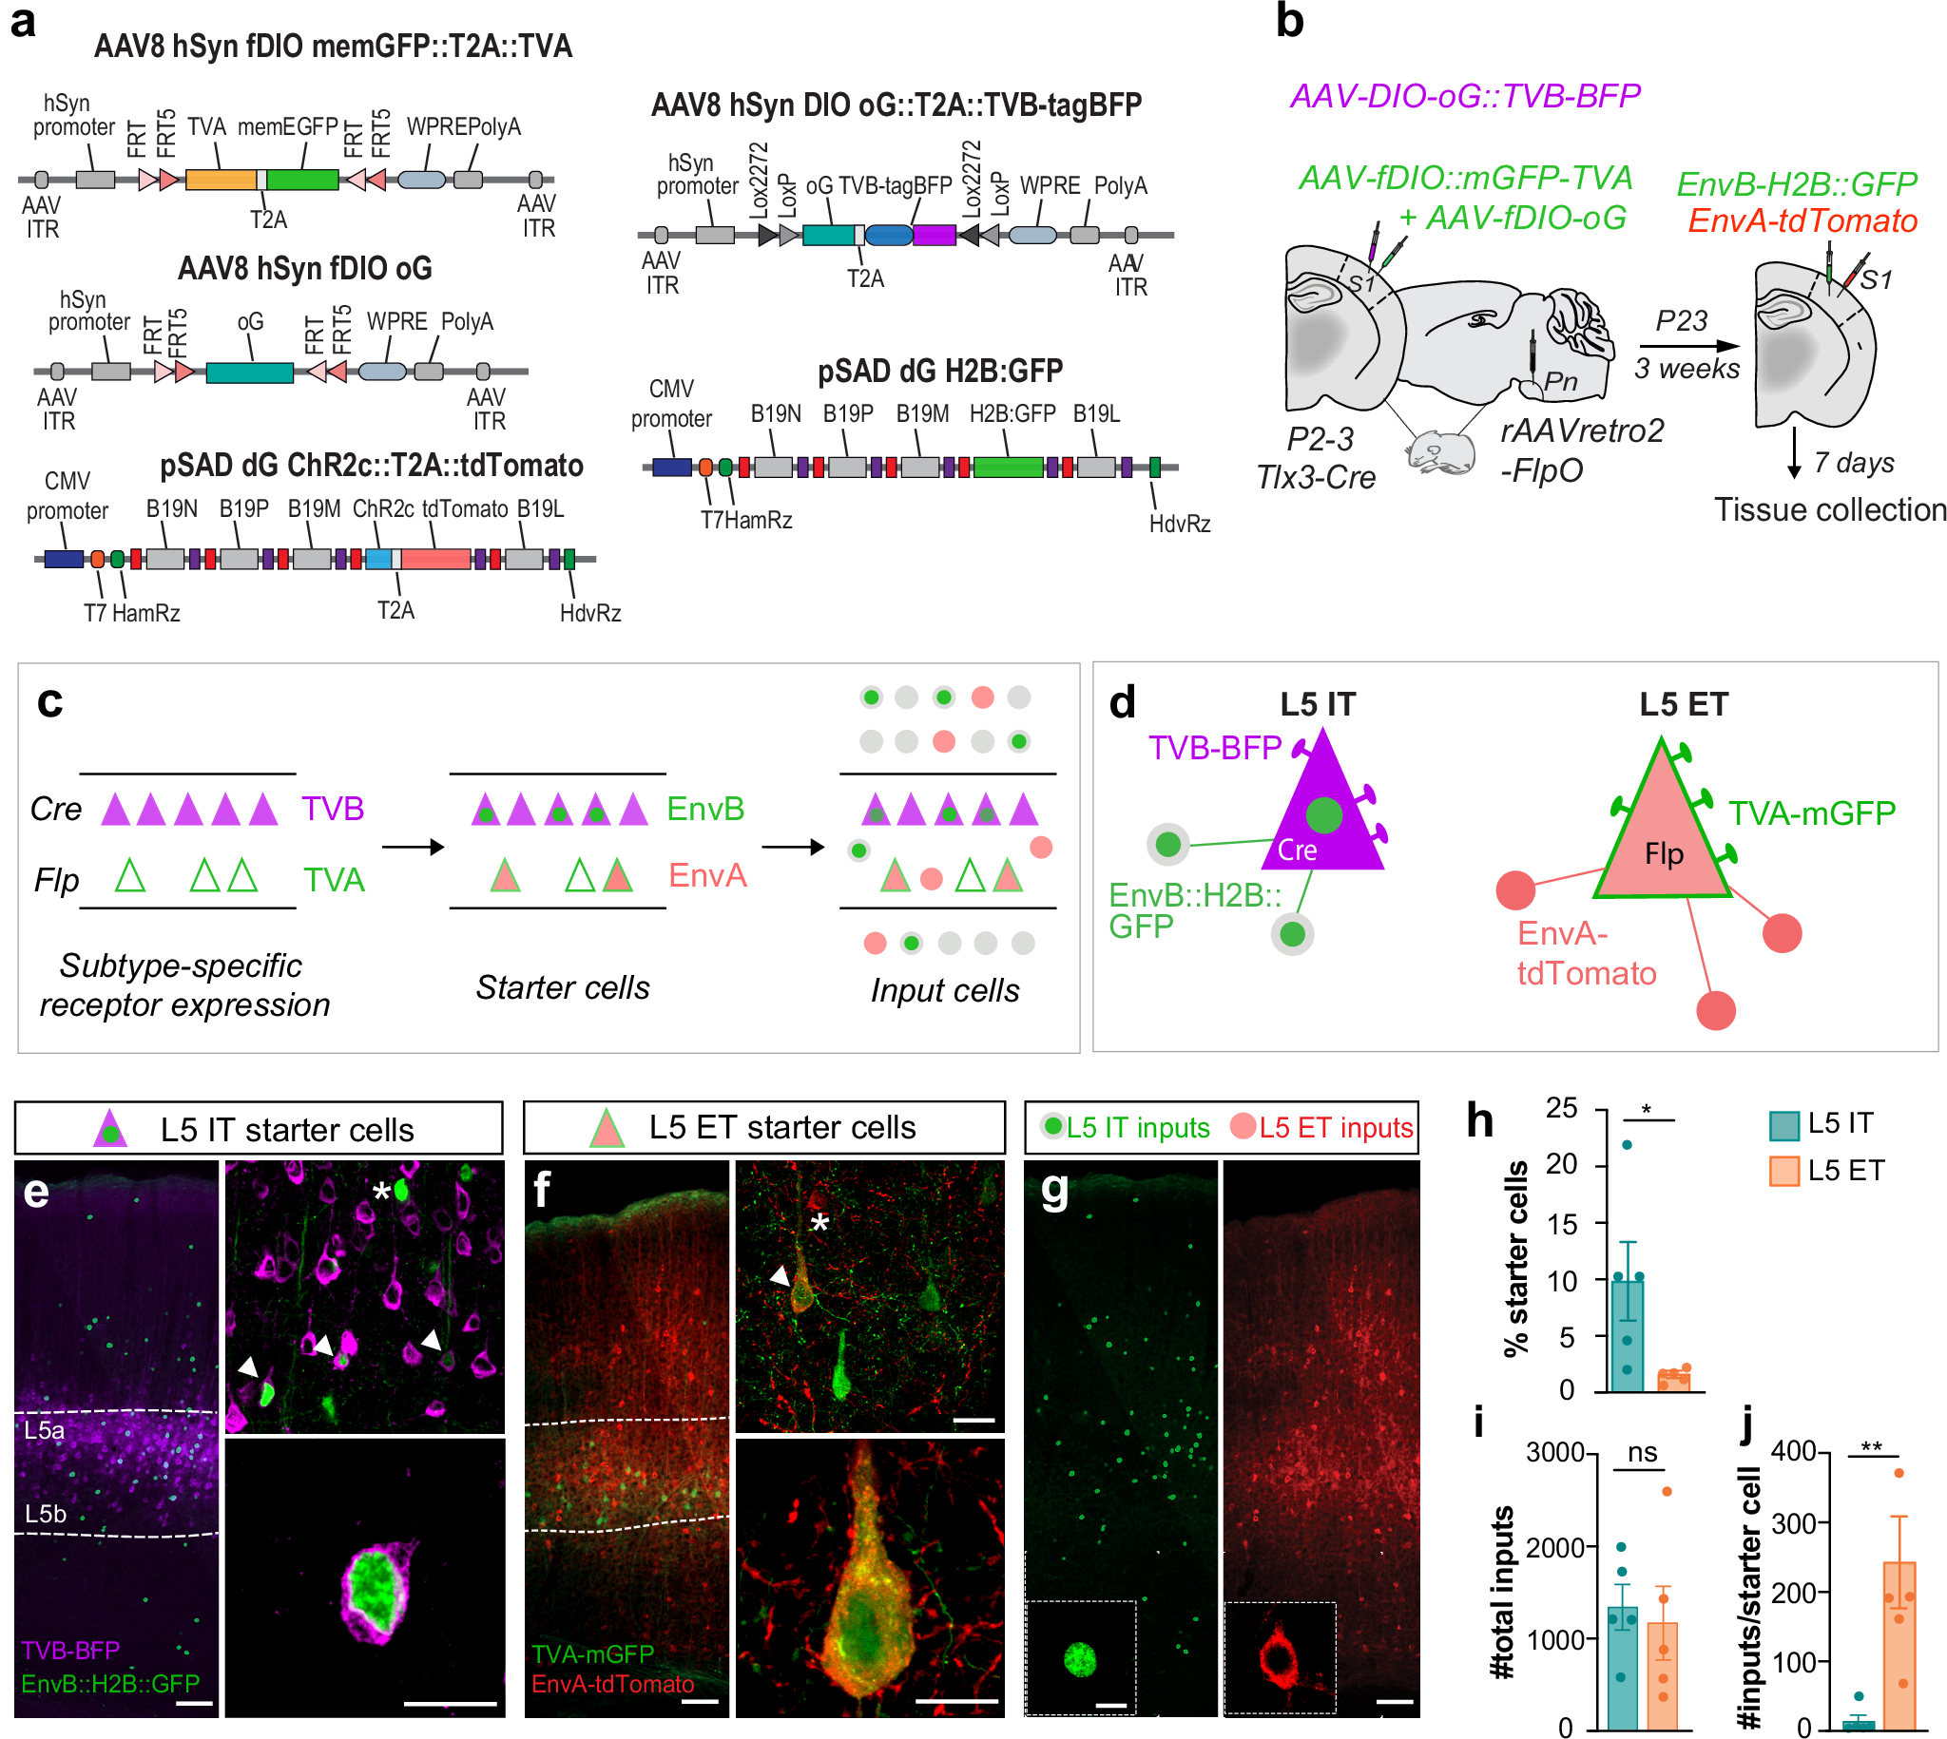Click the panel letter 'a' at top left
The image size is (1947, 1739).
point(23,21)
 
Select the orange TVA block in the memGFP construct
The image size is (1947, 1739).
point(221,180)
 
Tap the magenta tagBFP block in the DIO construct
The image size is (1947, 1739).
point(934,235)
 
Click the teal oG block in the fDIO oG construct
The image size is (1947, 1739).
point(249,372)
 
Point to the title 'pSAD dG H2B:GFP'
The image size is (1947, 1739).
point(939,372)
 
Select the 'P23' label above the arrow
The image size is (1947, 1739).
point(1681,321)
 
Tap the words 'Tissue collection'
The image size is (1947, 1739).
point(1829,510)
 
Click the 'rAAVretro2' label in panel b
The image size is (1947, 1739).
point(1582,431)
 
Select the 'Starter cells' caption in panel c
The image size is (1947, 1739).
point(562,988)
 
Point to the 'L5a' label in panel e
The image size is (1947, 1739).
point(45,1430)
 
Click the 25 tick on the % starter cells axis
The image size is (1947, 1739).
point(1562,1108)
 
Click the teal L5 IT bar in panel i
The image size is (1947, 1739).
point(1622,1669)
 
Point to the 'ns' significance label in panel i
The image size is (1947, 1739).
point(1641,1453)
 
